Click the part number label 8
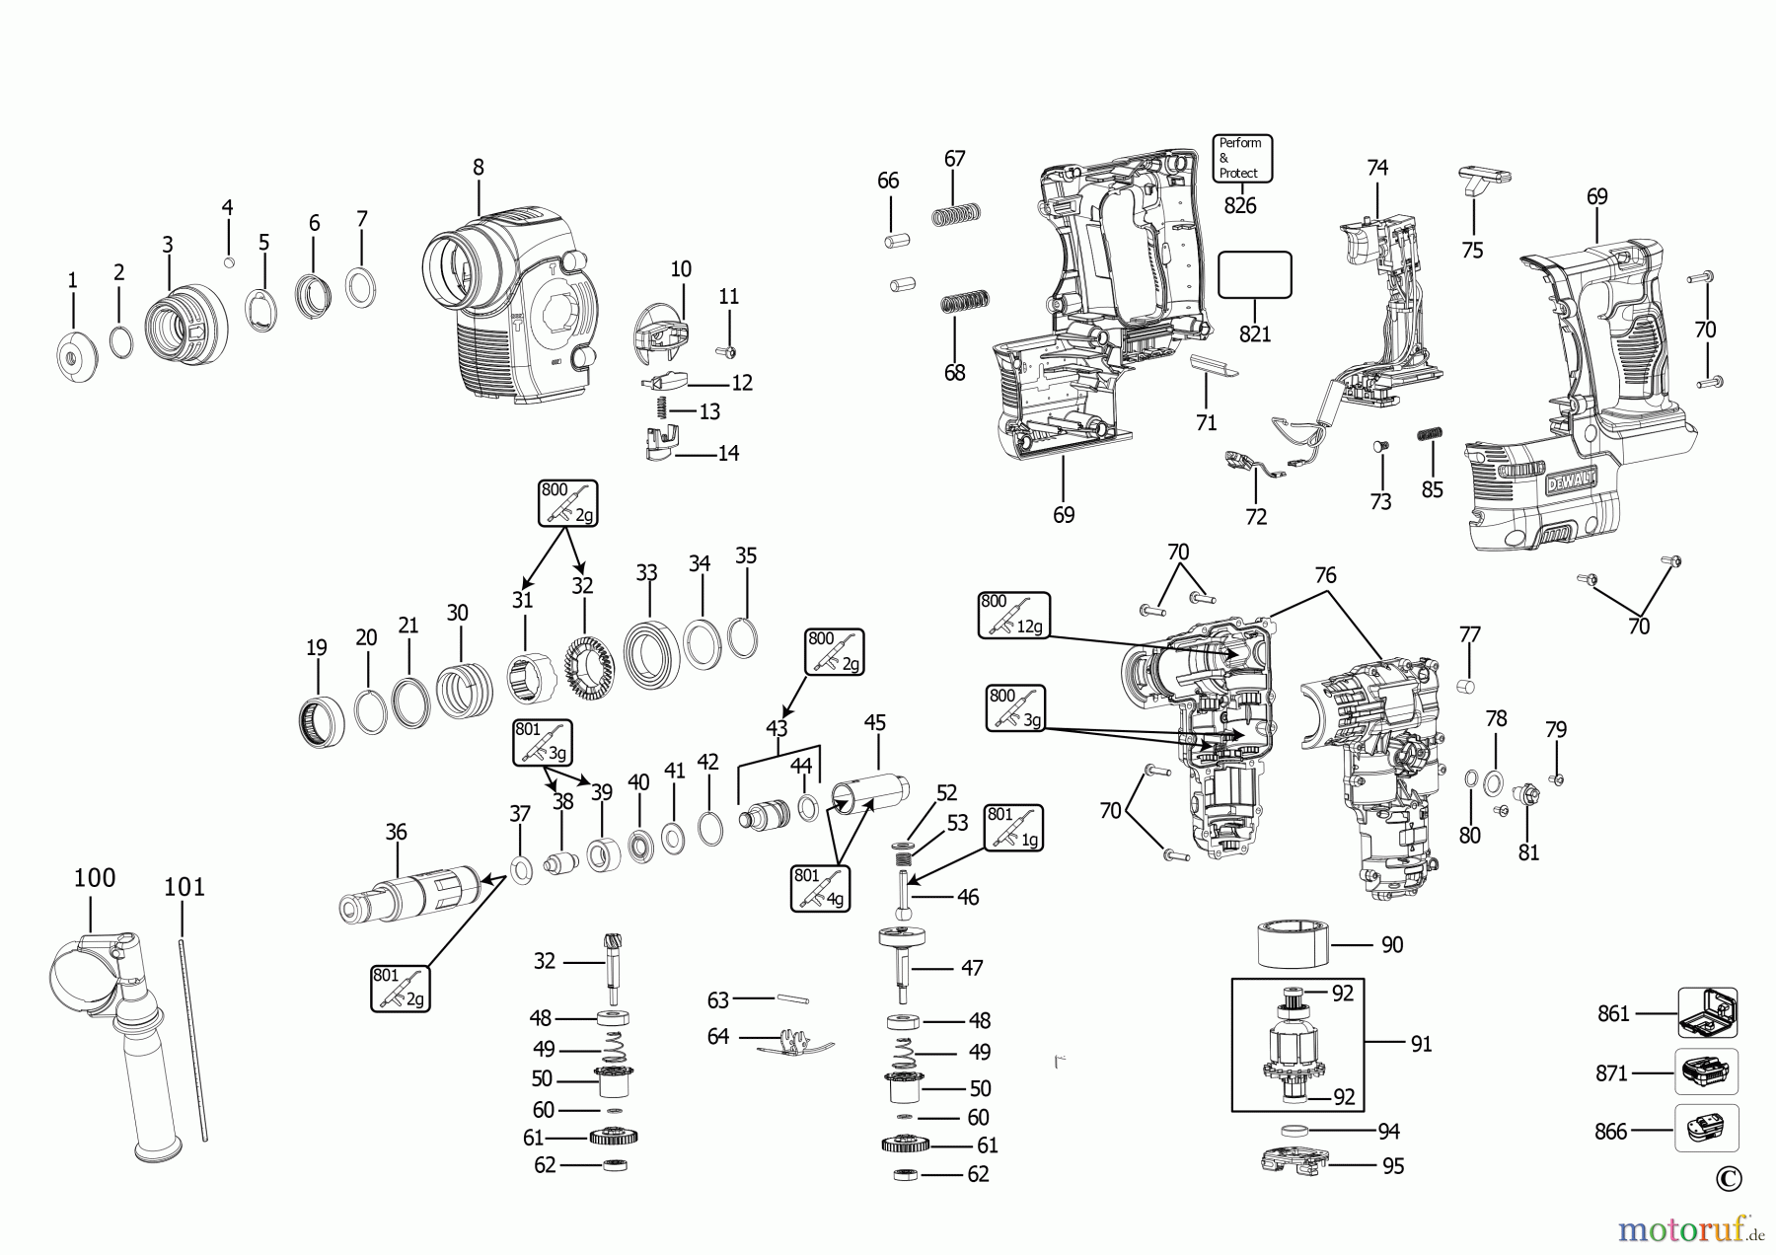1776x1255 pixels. [479, 168]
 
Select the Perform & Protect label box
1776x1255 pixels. [1242, 159]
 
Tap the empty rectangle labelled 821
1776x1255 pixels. [1254, 274]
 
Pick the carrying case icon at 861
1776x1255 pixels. [1707, 1013]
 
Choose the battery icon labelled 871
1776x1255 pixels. [1706, 1071]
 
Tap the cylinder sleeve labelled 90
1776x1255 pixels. [1293, 945]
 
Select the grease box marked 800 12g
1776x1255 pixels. [1014, 615]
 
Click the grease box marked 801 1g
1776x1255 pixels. [1013, 828]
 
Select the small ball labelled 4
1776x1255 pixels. [229, 261]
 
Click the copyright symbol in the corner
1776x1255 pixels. [1729, 1178]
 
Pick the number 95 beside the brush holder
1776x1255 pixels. [1392, 1167]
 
